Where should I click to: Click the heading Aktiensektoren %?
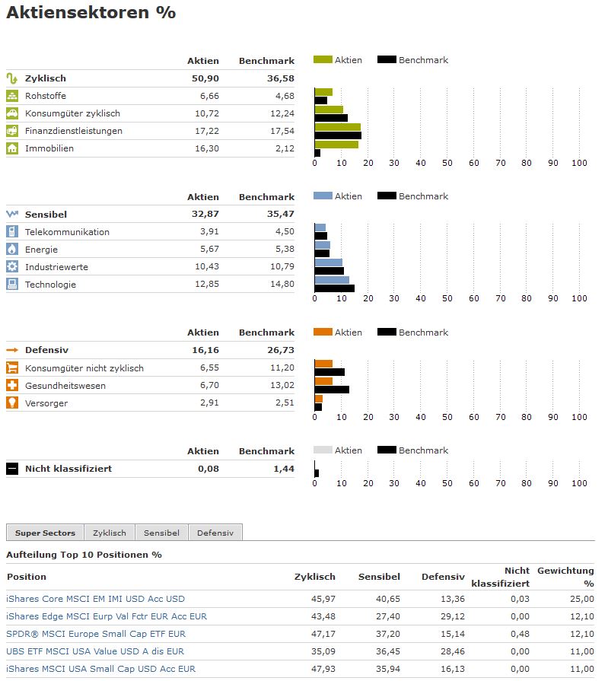click(x=91, y=13)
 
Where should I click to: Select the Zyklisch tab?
click(x=110, y=533)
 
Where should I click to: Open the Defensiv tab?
click(x=215, y=533)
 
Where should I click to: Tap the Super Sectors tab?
click(x=44, y=533)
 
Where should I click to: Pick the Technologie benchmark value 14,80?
click(x=282, y=285)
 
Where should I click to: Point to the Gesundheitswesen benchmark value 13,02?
click(x=282, y=386)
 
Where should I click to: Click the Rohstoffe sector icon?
click(x=12, y=96)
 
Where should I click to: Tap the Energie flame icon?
click(x=12, y=250)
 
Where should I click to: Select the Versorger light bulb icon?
click(x=12, y=403)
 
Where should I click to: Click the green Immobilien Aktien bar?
click(x=336, y=145)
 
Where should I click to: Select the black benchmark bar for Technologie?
click(x=335, y=288)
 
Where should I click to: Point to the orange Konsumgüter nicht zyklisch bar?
click(x=323, y=364)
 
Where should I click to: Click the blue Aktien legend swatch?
click(x=323, y=196)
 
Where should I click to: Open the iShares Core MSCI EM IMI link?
click(x=95, y=599)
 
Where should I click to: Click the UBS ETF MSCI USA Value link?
click(x=95, y=651)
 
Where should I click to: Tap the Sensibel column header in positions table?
click(x=379, y=577)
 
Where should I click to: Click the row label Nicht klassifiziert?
click(x=68, y=469)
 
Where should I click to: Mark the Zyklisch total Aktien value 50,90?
click(x=205, y=78)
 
